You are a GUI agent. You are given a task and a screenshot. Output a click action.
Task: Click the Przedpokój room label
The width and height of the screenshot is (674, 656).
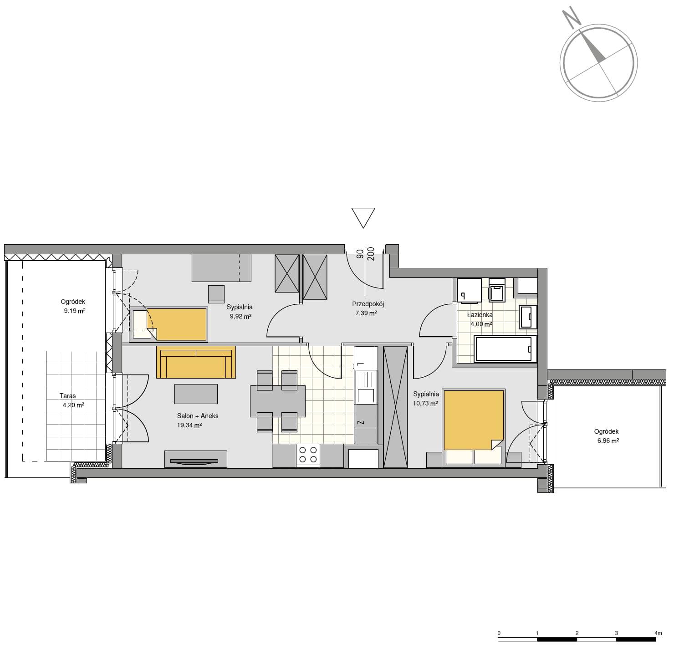click(368, 304)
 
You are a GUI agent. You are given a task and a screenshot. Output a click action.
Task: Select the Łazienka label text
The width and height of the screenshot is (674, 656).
click(480, 315)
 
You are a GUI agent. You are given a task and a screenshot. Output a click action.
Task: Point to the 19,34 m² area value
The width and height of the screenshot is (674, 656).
click(189, 425)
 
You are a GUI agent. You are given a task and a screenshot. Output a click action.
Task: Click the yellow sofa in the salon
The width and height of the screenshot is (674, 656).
click(196, 362)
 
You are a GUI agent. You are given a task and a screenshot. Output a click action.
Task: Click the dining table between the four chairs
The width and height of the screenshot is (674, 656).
click(278, 401)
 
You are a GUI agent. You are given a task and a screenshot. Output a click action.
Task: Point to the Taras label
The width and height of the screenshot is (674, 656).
click(67, 396)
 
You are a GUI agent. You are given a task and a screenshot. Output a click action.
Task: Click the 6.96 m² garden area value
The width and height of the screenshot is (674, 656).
click(608, 441)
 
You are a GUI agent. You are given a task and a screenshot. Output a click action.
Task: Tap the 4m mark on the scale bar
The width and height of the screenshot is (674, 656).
click(658, 633)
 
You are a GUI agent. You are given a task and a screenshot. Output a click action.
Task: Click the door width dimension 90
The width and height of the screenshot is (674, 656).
click(360, 254)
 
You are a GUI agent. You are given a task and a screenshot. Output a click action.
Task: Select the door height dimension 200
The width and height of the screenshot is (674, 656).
click(371, 254)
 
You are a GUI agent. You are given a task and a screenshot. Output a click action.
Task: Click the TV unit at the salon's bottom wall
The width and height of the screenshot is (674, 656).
click(196, 459)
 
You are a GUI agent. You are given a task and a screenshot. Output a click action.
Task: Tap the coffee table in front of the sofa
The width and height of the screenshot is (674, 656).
click(196, 394)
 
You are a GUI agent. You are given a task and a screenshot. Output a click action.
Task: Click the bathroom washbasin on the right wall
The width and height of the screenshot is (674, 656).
click(528, 317)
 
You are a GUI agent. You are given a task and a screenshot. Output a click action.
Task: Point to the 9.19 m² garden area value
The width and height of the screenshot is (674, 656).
click(75, 311)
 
